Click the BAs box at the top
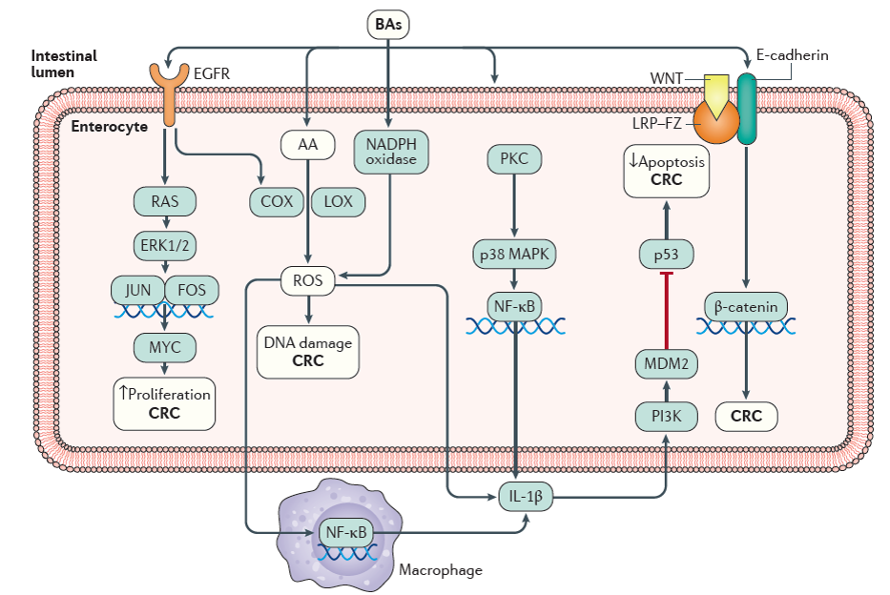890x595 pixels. coord(388,24)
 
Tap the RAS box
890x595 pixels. coord(164,201)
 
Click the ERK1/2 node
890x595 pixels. coord(164,245)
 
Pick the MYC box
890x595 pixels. coord(164,346)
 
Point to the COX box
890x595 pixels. coord(277,201)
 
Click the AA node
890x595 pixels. coord(307,145)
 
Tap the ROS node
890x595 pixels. coord(307,280)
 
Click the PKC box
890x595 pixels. coord(514,157)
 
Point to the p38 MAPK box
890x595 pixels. coord(515,254)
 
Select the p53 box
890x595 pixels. coord(665,254)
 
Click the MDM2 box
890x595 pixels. coord(666,363)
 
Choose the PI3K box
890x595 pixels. coord(666,416)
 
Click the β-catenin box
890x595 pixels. coord(745,306)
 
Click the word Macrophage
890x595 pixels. coord(440,570)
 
